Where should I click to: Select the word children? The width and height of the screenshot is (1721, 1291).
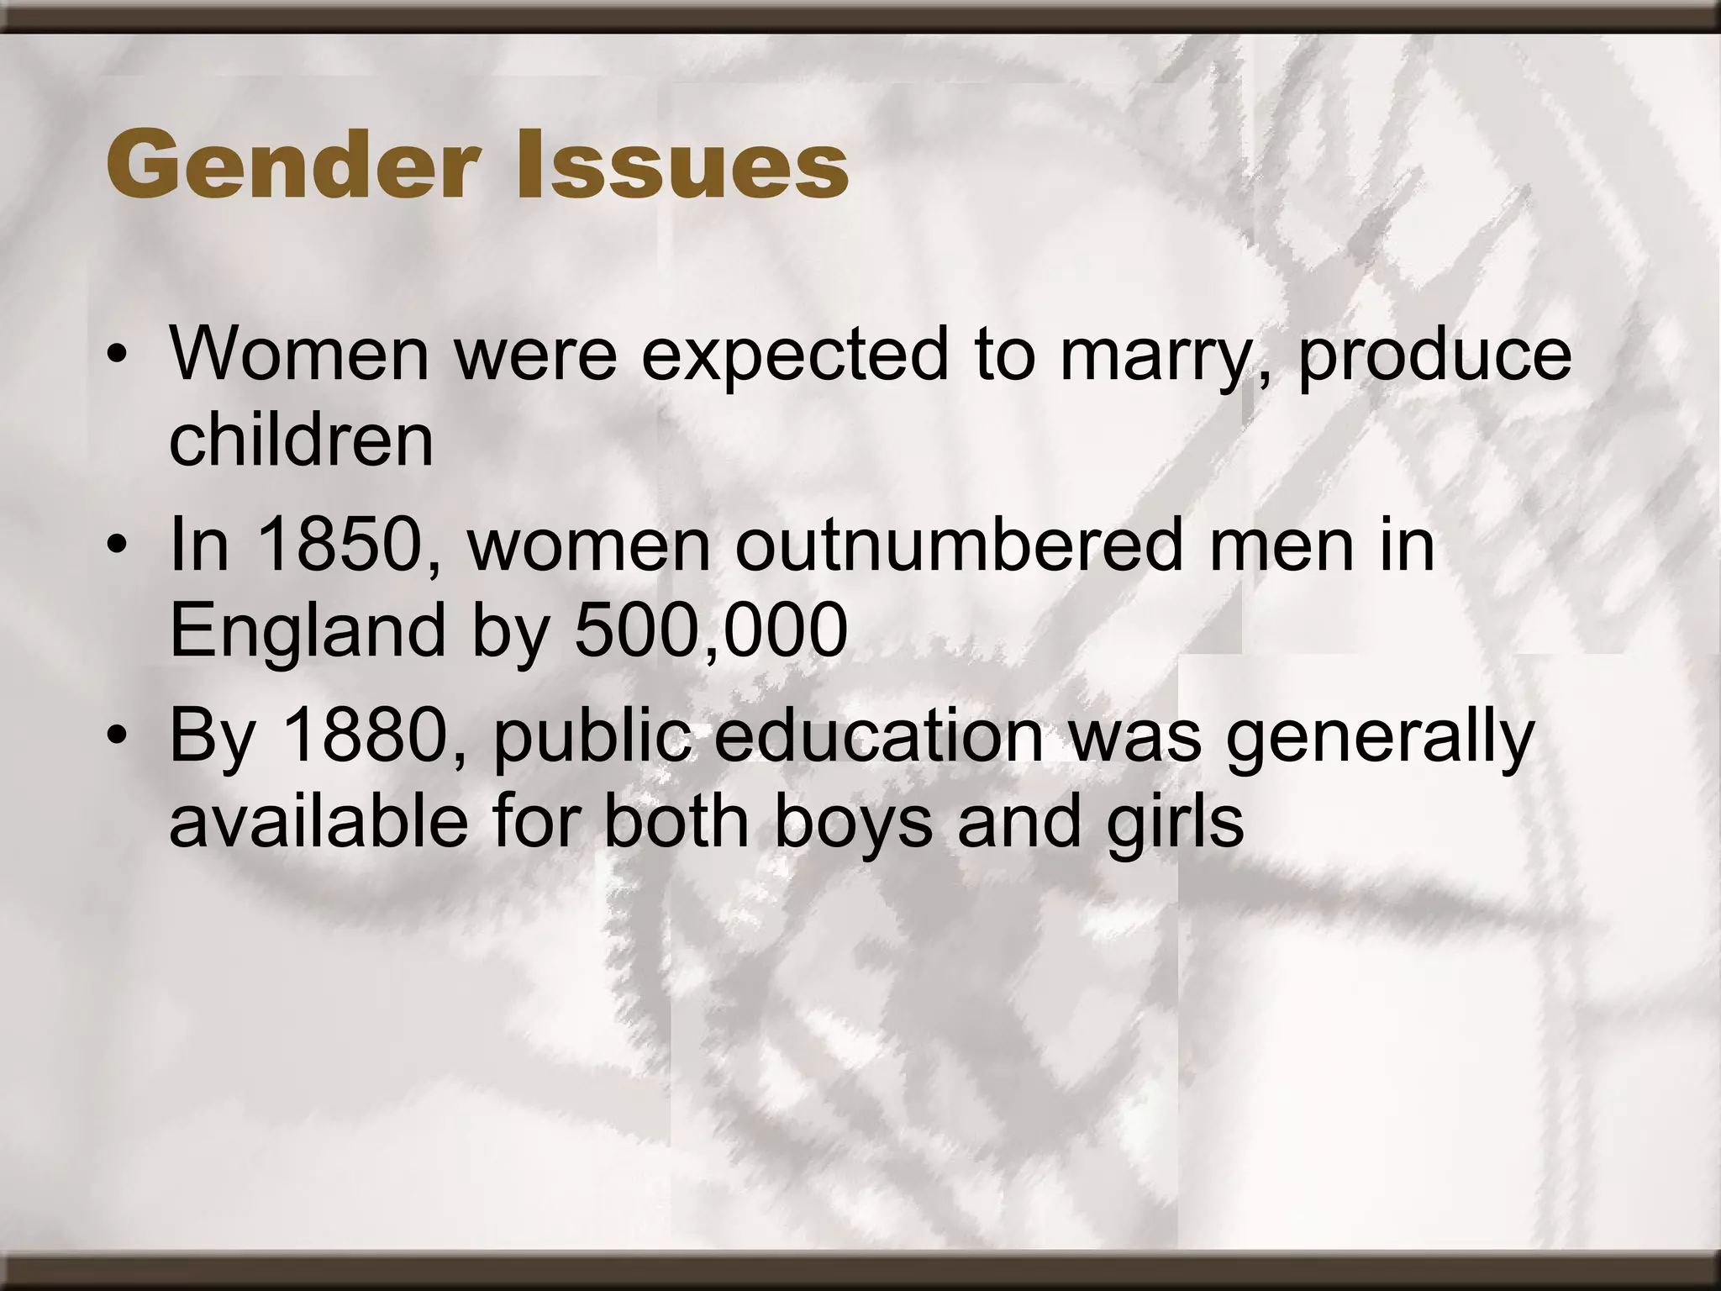(301, 440)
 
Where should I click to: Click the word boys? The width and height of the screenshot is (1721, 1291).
(852, 824)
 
